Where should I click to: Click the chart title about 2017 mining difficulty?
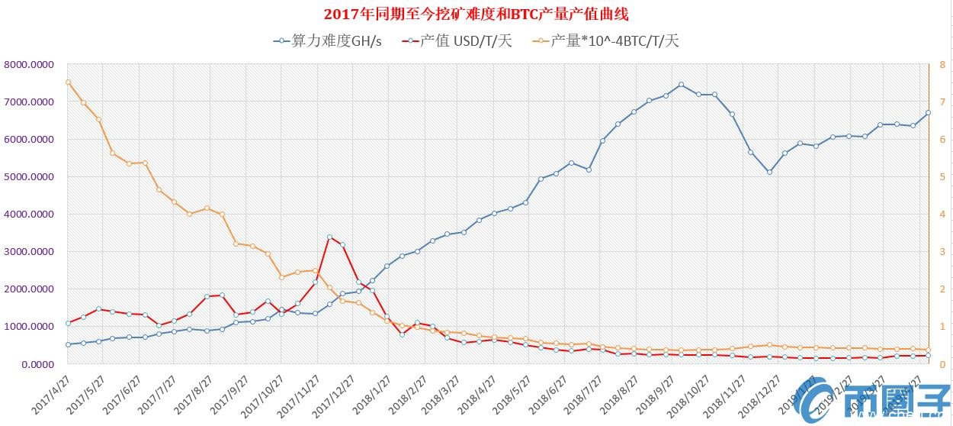click(x=476, y=15)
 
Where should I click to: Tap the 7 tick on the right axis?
click(x=942, y=102)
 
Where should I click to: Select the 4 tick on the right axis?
click(x=942, y=215)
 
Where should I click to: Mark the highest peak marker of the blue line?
click(x=681, y=85)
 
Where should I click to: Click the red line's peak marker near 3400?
click(x=329, y=237)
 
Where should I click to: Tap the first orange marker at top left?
click(x=68, y=82)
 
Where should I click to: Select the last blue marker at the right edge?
click(x=928, y=113)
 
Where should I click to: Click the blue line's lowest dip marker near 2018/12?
click(x=769, y=172)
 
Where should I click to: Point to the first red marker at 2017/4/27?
click(x=68, y=324)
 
